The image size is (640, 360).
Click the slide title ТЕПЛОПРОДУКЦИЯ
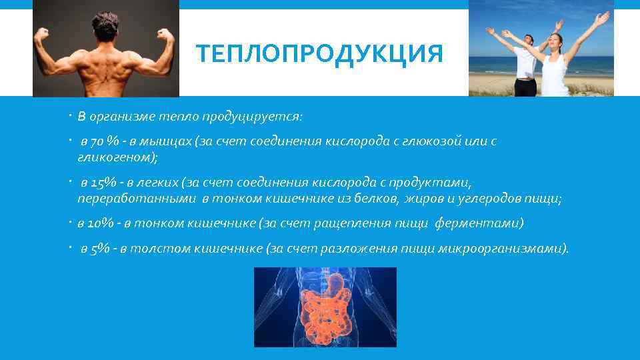tap(319, 54)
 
